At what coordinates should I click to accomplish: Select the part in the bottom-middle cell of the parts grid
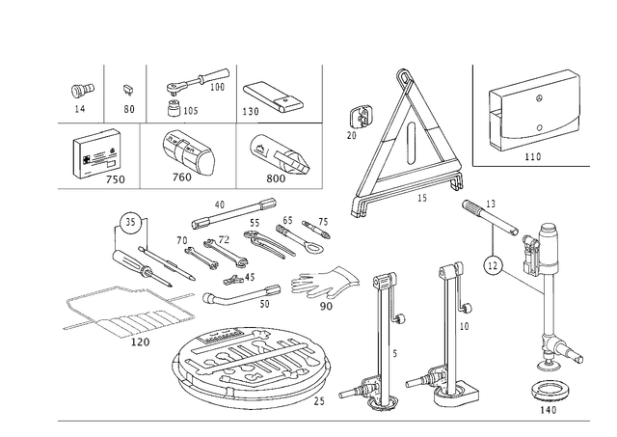pyautogui.click(x=188, y=150)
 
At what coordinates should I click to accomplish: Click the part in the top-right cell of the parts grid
pyautogui.click(x=270, y=96)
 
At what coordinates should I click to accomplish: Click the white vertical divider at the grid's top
pyautogui.click(x=236, y=92)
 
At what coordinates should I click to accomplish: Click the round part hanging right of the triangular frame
pyautogui.click(x=494, y=262)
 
